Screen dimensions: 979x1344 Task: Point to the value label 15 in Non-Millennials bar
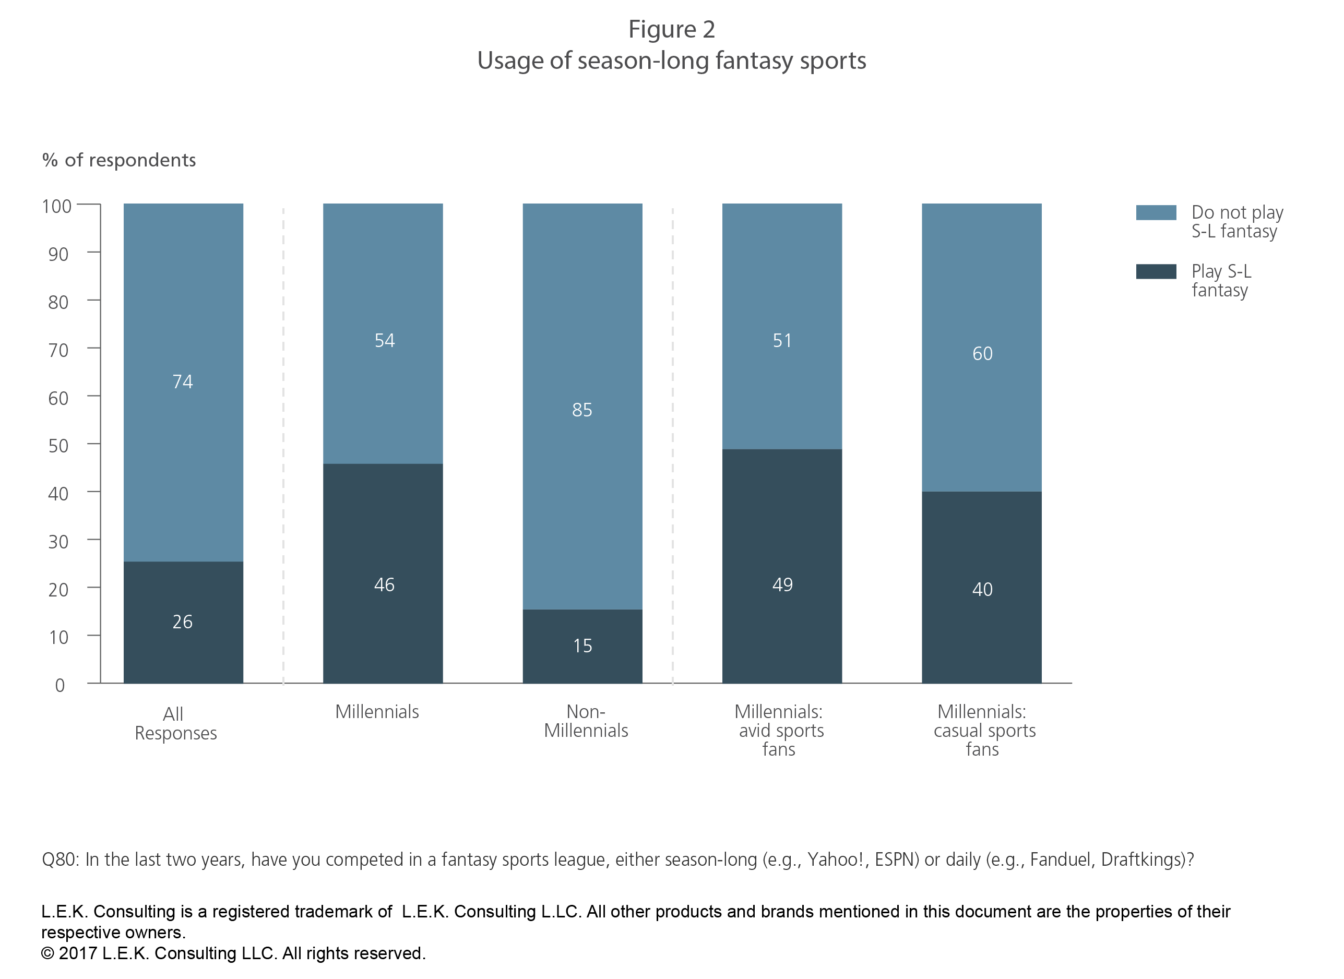[582, 646]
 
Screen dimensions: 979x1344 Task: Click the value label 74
[183, 381]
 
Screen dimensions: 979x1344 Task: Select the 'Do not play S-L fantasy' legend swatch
[1156, 213]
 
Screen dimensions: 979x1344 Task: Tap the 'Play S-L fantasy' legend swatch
[1156, 271]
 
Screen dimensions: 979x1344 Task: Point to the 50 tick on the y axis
[58, 445]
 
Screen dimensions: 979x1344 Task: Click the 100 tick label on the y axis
[56, 206]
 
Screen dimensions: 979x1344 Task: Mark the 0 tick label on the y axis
[60, 685]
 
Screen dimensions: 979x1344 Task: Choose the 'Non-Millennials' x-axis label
[586, 721]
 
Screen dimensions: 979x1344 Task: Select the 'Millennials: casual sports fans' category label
[984, 730]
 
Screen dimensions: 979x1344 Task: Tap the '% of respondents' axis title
[118, 160]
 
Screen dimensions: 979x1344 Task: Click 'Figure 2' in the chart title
[671, 29]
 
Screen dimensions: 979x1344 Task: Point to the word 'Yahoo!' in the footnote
[836, 859]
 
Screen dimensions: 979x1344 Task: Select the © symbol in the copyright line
[47, 953]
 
